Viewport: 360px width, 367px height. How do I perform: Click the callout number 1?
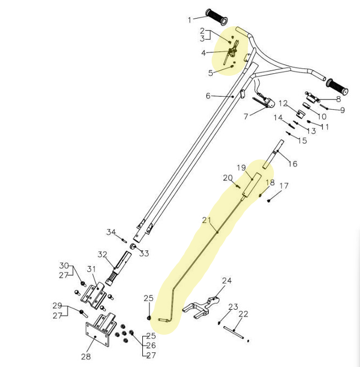tap(190, 20)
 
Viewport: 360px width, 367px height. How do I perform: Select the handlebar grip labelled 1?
tap(217, 17)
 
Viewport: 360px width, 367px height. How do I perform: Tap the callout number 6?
tap(208, 96)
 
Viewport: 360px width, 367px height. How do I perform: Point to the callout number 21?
tap(206, 220)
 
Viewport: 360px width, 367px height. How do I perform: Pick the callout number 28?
tap(86, 357)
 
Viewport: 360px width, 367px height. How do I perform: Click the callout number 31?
tap(92, 269)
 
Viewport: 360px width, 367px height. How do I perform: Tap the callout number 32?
tap(103, 254)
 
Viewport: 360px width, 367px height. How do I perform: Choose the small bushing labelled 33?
tap(133, 247)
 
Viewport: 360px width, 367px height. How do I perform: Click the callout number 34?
tap(111, 232)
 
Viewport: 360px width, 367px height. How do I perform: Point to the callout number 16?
tap(292, 164)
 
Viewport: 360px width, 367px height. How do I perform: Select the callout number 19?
tap(241, 168)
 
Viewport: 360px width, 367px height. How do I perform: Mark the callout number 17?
tap(284, 186)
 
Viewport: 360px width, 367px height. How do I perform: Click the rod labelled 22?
tap(233, 333)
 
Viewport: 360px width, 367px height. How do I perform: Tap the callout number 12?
tap(283, 103)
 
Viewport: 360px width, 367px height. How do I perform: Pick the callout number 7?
tap(245, 116)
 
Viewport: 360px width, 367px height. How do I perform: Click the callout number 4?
tap(203, 53)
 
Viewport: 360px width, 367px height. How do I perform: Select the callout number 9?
tap(343, 110)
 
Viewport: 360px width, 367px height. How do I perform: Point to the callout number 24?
tap(227, 280)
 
